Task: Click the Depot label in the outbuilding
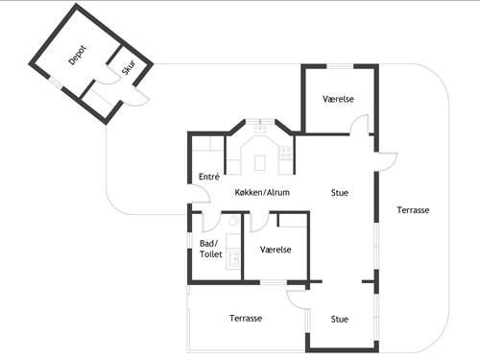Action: [78, 54]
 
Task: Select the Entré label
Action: [209, 177]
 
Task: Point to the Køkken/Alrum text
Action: [262, 192]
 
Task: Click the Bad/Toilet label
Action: [208, 250]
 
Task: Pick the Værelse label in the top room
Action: [339, 99]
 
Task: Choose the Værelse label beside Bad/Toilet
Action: [276, 250]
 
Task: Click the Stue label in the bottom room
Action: [340, 319]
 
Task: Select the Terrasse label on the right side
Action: [413, 209]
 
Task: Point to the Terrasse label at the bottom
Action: [247, 318]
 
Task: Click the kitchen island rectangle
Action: [259, 162]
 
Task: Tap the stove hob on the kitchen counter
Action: [285, 150]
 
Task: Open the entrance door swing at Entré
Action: [199, 196]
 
